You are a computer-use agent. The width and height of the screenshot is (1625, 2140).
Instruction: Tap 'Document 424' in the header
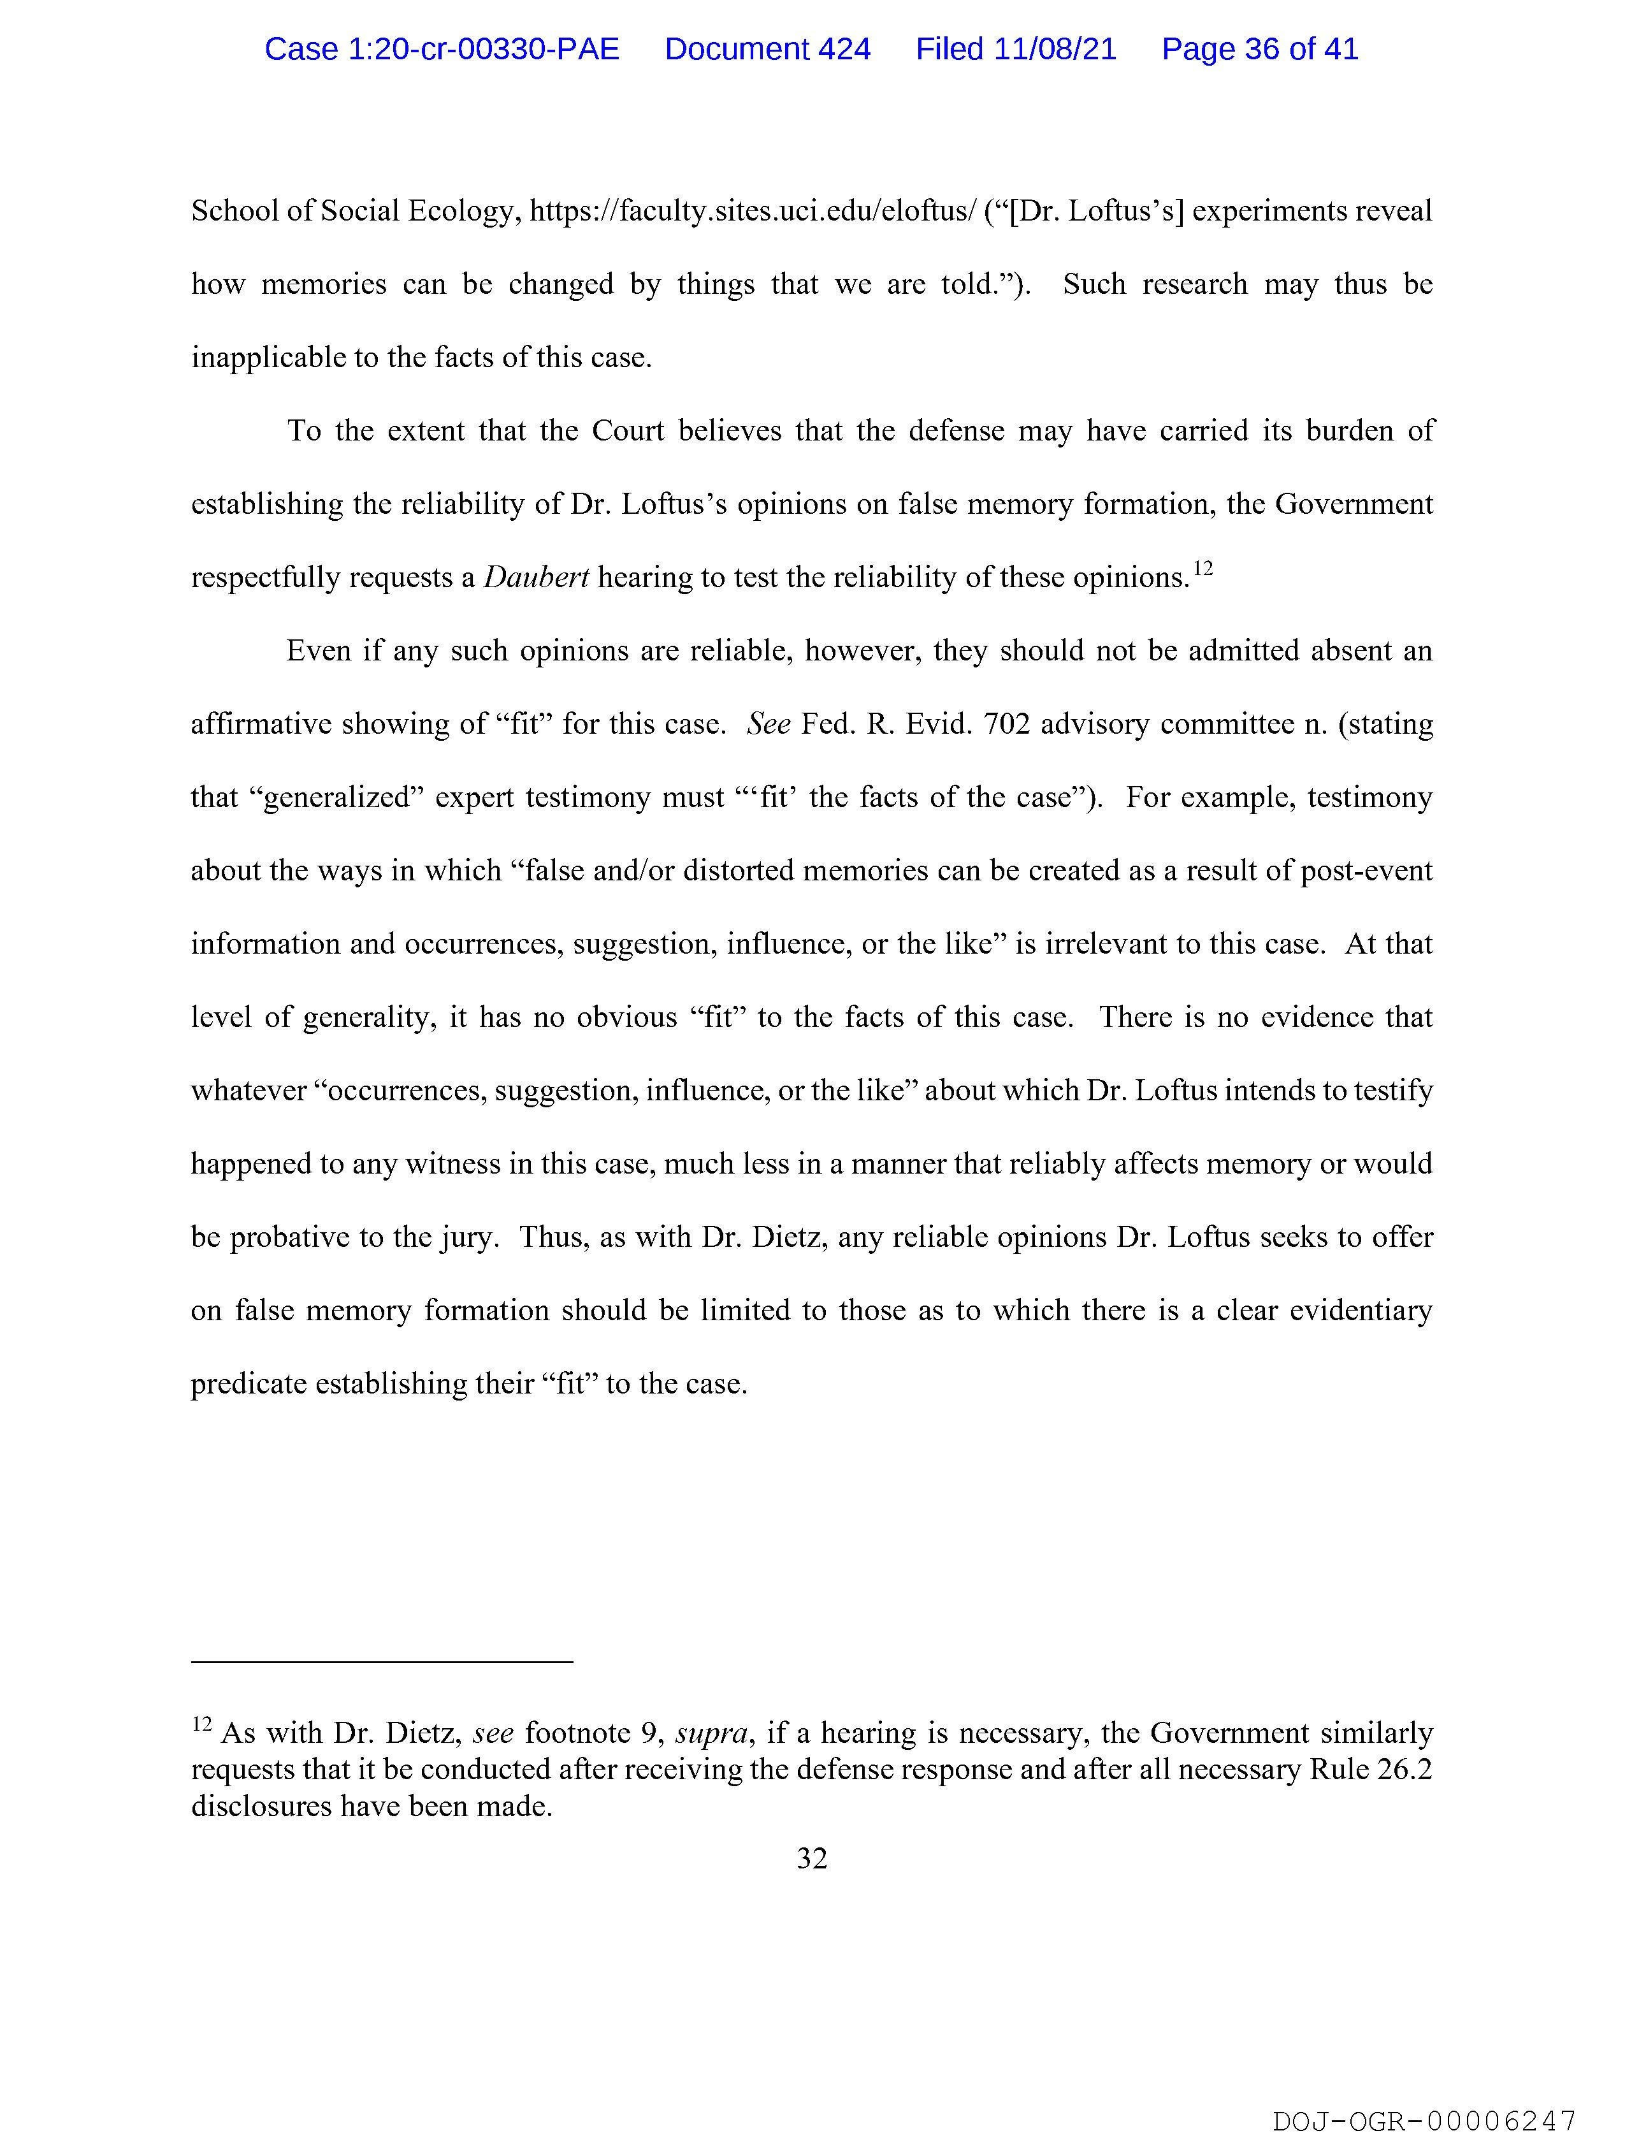767,49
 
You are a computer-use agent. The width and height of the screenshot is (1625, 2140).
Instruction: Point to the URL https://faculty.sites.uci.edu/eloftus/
753,212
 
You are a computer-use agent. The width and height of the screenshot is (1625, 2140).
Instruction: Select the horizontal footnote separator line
382,1662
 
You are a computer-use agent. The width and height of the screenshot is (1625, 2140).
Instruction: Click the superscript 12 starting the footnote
201,1724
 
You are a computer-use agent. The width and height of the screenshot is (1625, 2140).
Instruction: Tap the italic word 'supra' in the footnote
711,1733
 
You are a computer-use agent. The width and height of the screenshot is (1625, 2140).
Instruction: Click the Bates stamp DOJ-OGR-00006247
1424,2116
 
